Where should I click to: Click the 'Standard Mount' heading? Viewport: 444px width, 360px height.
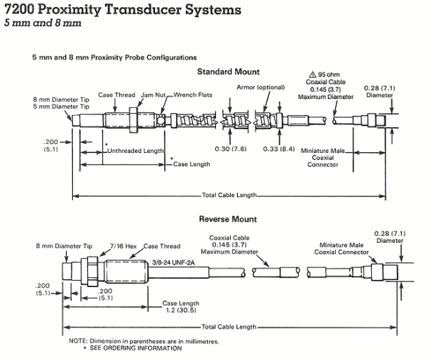(x=228, y=72)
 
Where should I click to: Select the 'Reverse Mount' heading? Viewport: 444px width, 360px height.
(x=228, y=220)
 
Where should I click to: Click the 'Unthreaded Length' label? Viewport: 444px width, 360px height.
(x=135, y=151)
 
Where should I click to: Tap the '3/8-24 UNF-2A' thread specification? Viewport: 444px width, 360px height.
(x=173, y=262)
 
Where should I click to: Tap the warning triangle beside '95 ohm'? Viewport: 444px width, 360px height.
(x=313, y=74)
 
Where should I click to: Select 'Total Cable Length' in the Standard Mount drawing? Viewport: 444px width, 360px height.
(x=228, y=194)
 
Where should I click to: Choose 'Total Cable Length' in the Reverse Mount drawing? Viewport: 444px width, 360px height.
(x=228, y=327)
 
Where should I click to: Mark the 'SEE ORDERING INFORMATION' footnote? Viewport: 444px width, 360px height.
(x=135, y=348)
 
